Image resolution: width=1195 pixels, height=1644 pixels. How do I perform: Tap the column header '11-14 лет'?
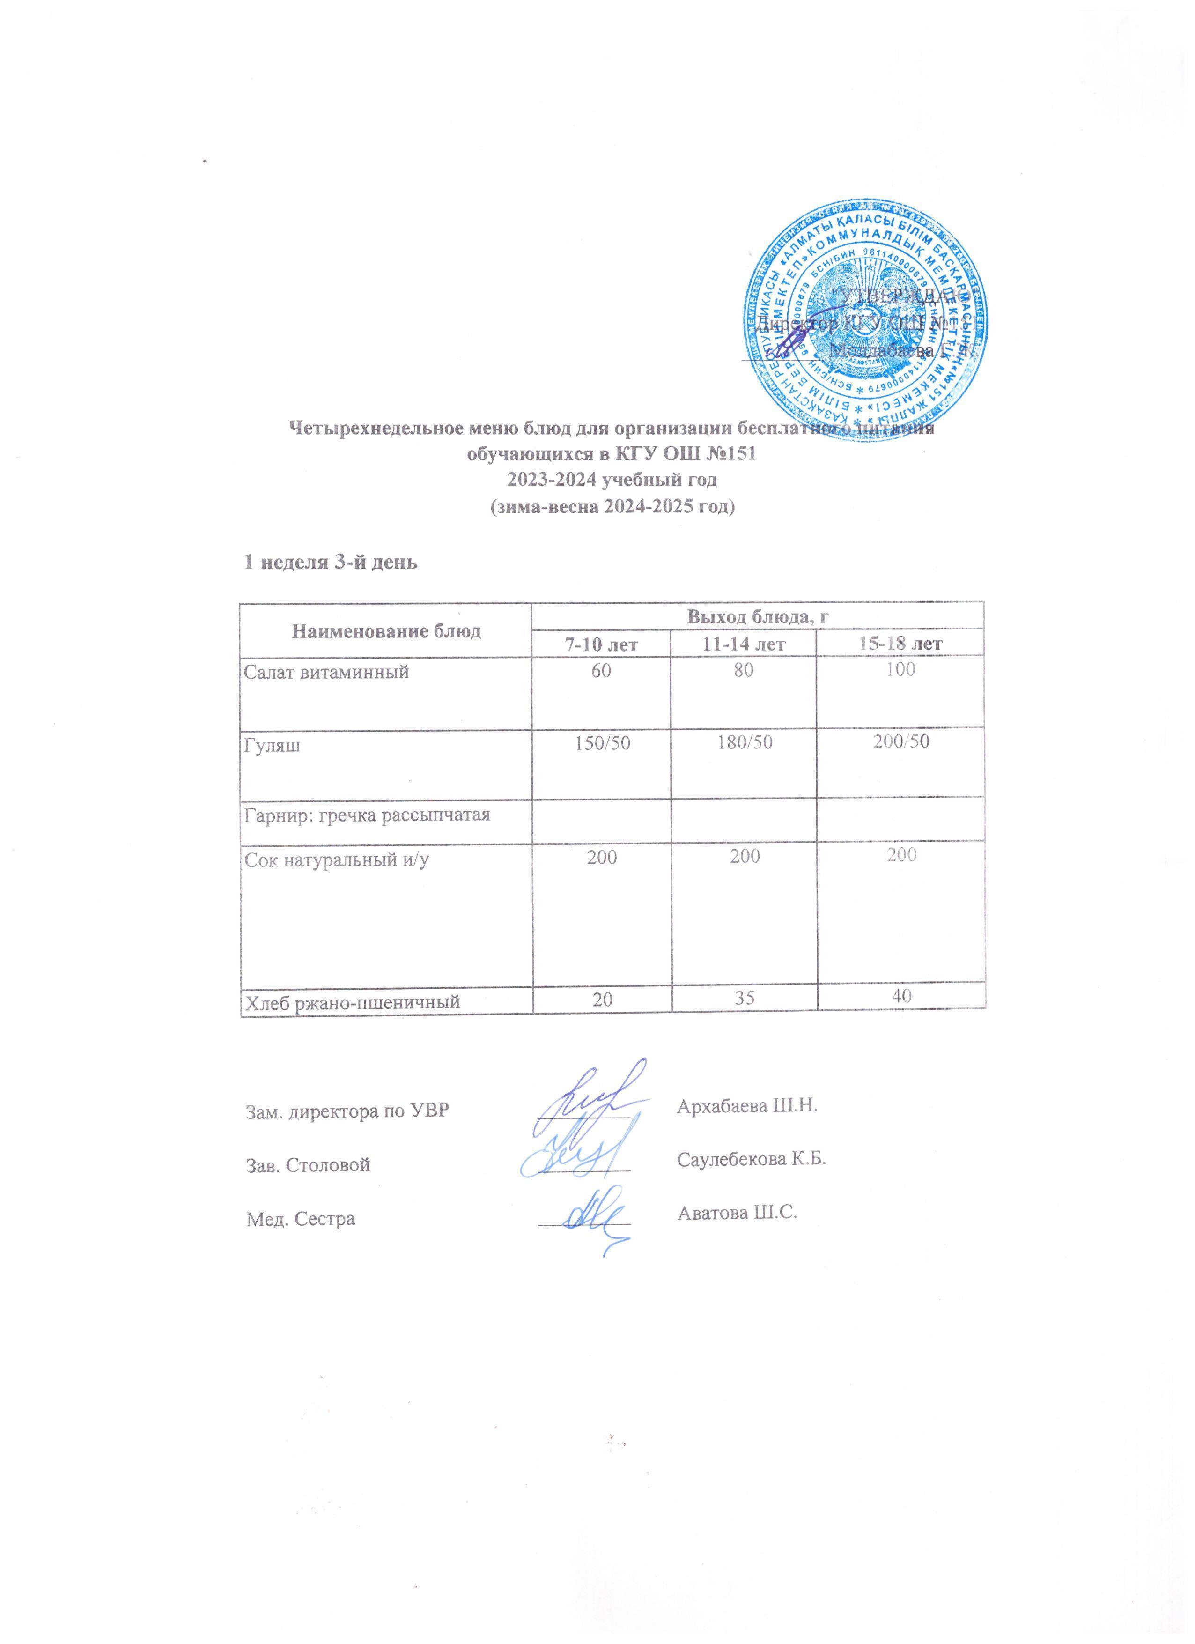tap(744, 644)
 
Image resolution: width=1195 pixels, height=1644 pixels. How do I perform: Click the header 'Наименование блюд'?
tap(386, 630)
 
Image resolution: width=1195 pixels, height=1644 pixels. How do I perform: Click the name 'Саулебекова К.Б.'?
tap(752, 1158)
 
